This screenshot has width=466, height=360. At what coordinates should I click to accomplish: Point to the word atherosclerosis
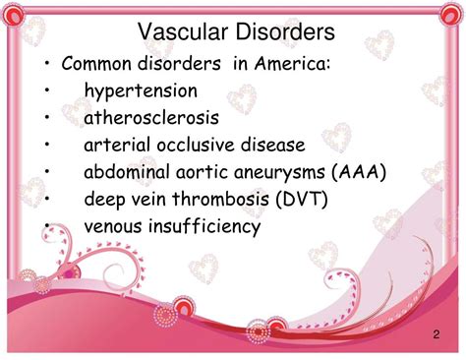(x=150, y=118)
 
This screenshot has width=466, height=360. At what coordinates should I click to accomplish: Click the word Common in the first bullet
(x=96, y=64)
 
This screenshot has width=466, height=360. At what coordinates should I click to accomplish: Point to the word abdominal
(x=122, y=172)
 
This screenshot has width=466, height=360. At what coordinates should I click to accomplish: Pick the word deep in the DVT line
(x=104, y=200)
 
